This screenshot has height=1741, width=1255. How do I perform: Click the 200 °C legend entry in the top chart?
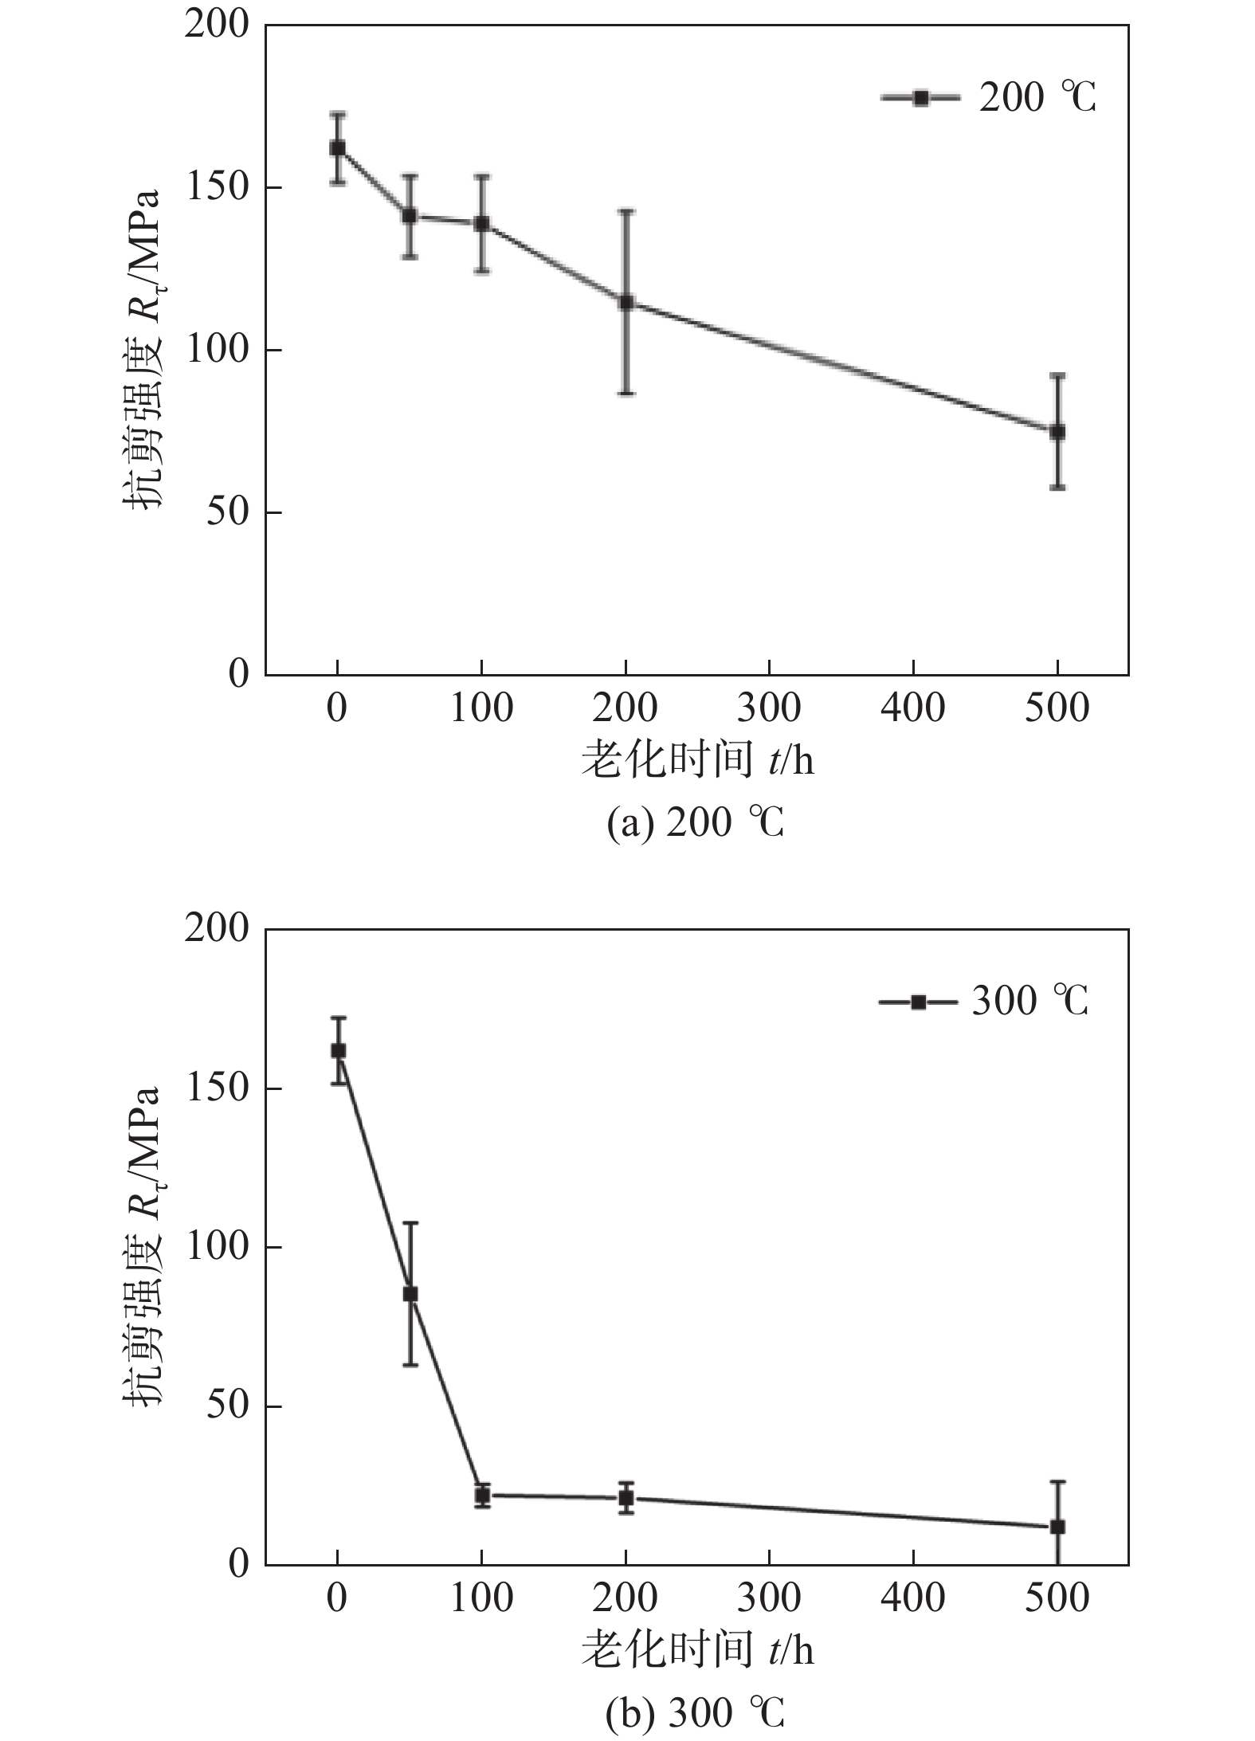(989, 98)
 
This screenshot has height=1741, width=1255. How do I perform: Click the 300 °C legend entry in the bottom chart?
(984, 1002)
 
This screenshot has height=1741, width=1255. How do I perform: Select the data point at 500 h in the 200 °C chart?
(1057, 431)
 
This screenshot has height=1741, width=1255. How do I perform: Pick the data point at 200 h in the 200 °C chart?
(626, 302)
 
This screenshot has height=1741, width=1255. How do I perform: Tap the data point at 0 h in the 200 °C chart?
(338, 148)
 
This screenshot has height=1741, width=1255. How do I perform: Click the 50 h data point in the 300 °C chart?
(410, 1294)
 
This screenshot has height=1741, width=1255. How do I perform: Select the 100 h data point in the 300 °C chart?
(482, 1496)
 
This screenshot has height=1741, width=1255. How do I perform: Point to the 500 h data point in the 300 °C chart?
(1057, 1527)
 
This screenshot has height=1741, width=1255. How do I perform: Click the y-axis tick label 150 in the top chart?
(217, 188)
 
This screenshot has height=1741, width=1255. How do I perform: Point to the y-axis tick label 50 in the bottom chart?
(227, 1406)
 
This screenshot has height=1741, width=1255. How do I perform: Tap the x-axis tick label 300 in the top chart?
(769, 708)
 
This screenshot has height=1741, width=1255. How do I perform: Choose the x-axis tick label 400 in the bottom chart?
(913, 1612)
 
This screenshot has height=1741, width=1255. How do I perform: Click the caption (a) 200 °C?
(695, 823)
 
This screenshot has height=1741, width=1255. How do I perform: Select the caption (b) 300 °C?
(695, 1711)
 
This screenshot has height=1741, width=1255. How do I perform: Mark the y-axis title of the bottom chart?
(143, 1247)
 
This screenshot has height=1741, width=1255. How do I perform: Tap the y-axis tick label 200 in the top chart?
(217, 26)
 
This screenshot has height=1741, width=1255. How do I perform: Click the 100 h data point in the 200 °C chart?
(482, 224)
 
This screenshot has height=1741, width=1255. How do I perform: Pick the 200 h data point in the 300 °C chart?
(626, 1498)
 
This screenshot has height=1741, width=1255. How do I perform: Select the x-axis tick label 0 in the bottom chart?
(337, 1612)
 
